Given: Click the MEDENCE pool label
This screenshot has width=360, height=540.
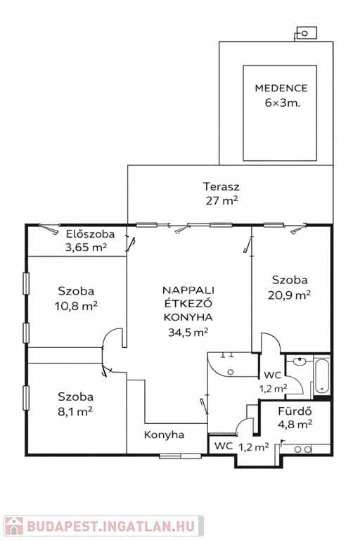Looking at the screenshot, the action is point(281,88).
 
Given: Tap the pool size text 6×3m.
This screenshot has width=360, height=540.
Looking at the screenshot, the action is point(283,103).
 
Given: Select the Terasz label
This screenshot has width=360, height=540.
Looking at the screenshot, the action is point(221,186).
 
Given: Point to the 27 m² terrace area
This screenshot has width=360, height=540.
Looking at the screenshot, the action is point(222,200).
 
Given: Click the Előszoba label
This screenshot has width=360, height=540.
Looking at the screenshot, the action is point(90,234).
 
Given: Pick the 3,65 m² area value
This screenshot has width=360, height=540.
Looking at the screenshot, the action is point(86,247).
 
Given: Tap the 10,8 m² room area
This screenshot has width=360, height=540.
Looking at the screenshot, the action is point(76,306).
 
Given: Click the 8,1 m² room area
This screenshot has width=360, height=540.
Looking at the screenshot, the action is point(75,411).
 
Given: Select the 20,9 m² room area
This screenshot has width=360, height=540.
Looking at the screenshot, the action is point(290,295).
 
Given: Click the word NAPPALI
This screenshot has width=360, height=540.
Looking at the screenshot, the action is point(188,290).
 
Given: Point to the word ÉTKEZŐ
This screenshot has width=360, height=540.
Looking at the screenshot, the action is point(188,304).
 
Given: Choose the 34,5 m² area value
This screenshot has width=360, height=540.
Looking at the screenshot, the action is point(188,333).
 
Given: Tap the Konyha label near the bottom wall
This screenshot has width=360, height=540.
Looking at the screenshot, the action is point(164,435).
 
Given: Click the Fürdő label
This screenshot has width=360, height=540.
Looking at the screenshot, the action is point(295,411).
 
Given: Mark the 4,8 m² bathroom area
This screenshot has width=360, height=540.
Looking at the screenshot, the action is point(295,424).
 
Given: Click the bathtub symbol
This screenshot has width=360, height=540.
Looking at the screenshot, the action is point(322,376).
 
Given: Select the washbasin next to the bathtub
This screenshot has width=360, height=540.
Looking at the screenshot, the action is point(300,361).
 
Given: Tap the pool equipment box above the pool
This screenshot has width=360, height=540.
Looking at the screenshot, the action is point(307,33).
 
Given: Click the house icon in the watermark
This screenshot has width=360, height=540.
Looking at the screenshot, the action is point(14,526).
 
